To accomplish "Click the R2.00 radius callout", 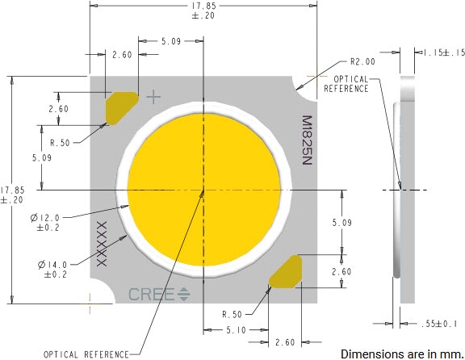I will (363, 61).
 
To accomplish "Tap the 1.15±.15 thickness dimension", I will (442, 53).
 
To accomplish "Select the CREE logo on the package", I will (159, 295).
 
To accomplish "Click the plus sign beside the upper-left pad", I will (153, 97).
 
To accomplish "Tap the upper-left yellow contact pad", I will (122, 108).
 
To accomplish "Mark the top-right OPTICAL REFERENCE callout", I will (346, 83).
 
